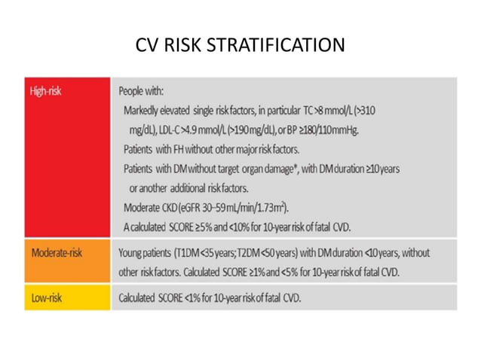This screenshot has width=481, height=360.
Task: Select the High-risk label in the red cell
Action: click(47, 91)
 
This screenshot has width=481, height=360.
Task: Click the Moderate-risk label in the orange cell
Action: click(57, 252)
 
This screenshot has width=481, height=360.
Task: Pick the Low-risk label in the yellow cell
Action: click(46, 298)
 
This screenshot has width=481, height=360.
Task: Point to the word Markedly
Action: click(141, 111)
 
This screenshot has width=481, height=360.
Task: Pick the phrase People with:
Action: click(140, 91)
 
